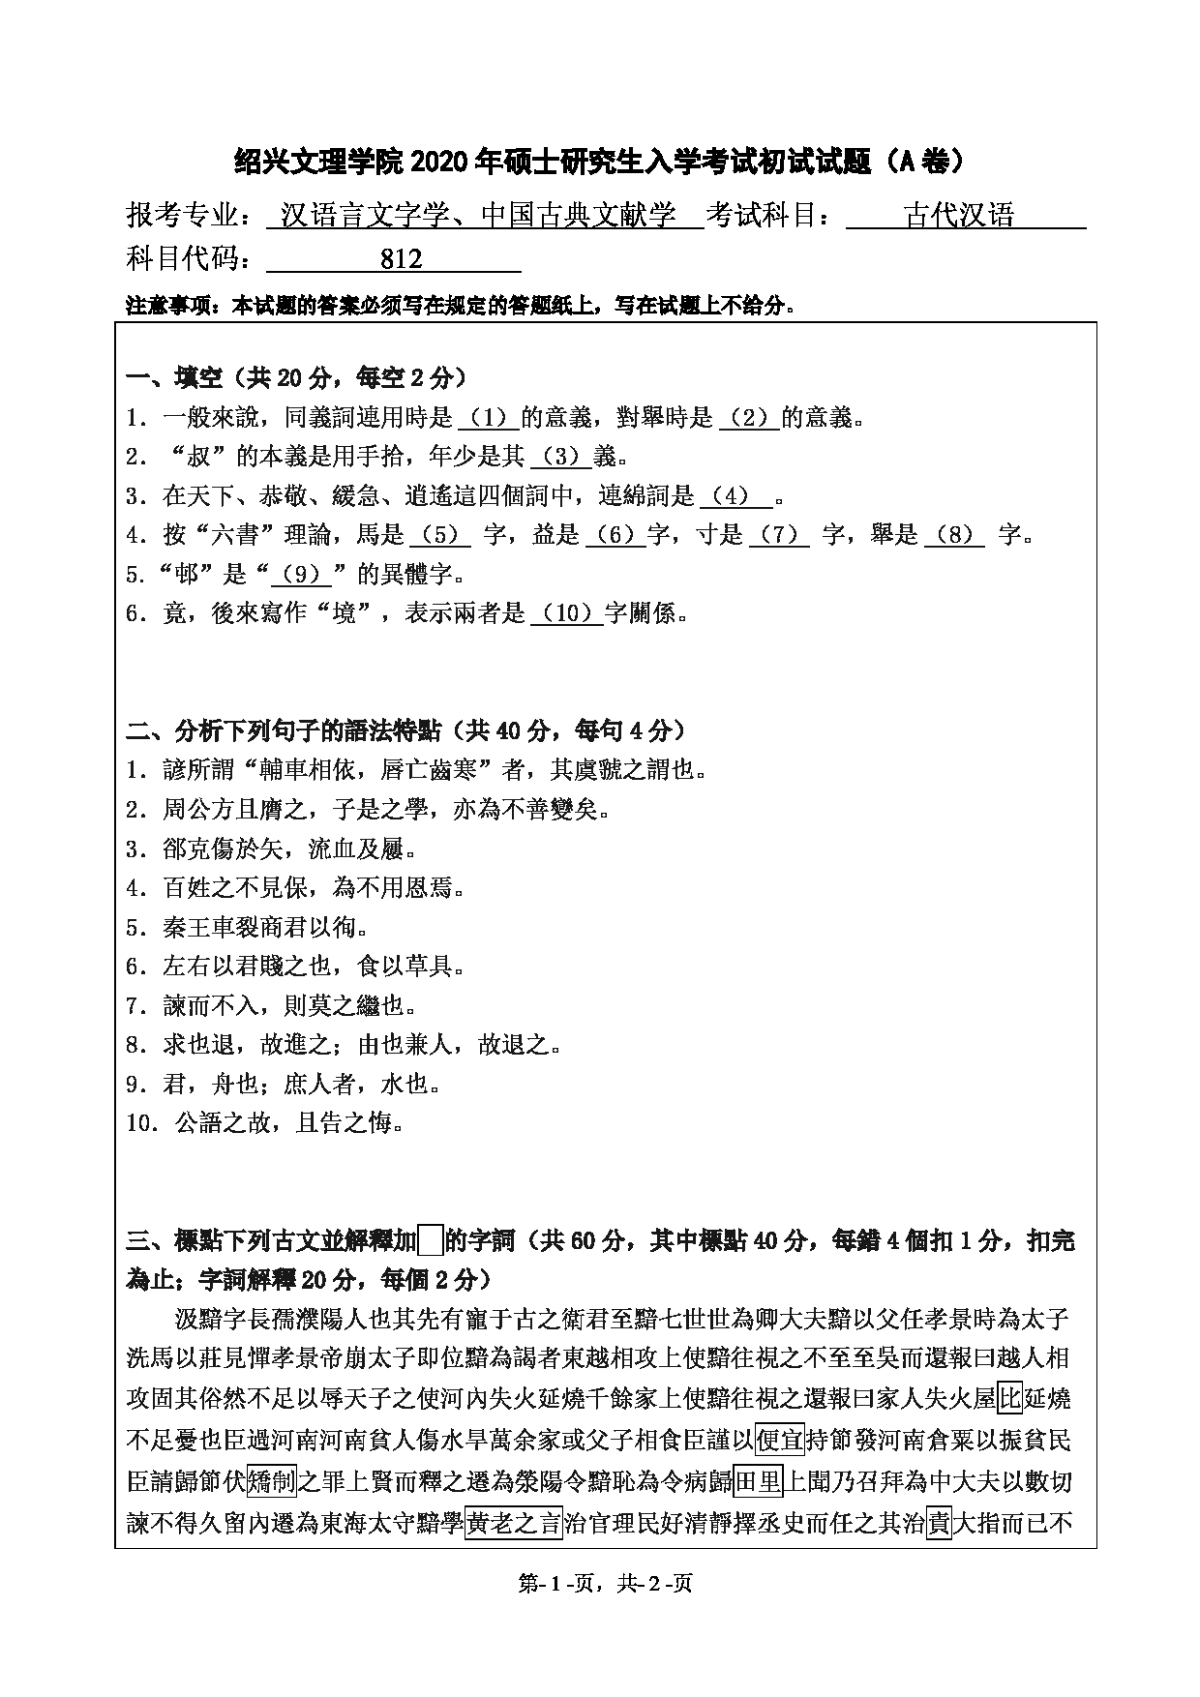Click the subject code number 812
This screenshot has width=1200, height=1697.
402,258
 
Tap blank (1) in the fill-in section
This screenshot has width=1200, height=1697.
488,418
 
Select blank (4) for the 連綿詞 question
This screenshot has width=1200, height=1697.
735,496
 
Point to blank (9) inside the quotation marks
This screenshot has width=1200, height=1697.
301,575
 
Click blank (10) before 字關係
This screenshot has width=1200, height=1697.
567,613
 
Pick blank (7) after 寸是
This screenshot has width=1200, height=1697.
779,535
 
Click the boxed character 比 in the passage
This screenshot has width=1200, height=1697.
1009,1398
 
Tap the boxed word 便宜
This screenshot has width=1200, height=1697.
779,1441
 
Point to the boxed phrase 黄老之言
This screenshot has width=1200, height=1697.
514,1525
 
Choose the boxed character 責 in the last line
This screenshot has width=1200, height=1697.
939,1525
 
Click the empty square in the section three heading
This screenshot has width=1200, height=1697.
432,1239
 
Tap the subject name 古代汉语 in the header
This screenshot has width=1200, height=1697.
959,215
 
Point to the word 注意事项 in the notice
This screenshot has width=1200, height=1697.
169,307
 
